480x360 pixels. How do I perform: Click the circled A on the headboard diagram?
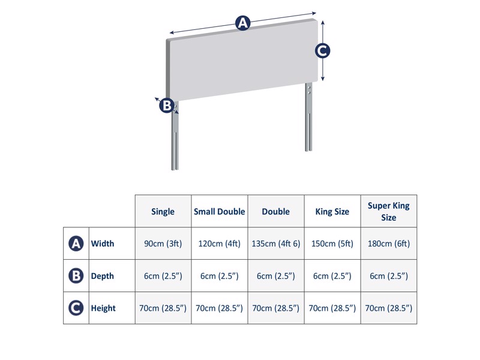[242, 23]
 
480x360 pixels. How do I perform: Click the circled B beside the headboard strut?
[167, 106]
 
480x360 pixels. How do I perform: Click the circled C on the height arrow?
[322, 51]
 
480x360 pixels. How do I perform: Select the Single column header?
[163, 211]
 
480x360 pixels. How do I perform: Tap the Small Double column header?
[220, 211]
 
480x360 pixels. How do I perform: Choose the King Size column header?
[332, 211]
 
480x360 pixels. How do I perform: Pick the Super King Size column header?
[389, 211]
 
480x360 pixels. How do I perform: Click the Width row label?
[103, 244]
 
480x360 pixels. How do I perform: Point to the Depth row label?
[103, 276]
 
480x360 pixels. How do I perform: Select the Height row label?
[103, 308]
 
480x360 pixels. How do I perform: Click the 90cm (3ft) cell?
[163, 244]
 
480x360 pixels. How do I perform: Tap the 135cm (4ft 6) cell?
[276, 244]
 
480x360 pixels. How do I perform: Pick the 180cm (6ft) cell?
[389, 244]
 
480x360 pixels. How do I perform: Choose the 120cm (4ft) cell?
[220, 244]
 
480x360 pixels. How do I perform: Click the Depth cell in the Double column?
[276, 276]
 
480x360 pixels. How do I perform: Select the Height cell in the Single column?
[163, 308]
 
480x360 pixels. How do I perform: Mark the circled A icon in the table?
[76, 244]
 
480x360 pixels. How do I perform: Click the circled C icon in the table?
[76, 308]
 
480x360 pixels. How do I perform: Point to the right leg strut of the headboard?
[308, 120]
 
